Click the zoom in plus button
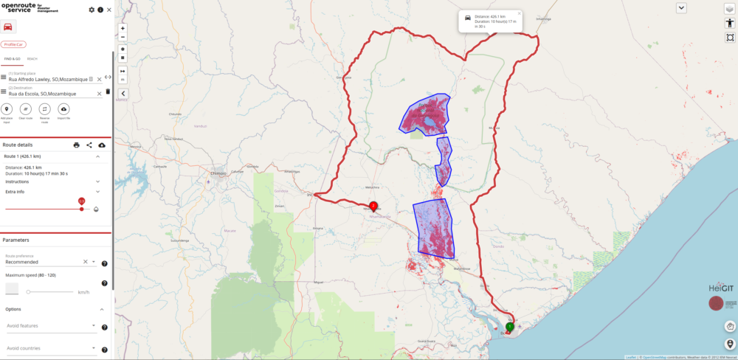coord(123,28)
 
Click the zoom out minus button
coord(123,37)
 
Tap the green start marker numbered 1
coord(510,326)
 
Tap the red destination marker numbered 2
coord(373,206)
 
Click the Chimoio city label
coord(217,173)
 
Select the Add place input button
coord(7,109)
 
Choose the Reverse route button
coord(45,109)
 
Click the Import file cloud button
coord(64,109)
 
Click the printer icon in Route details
coord(76,145)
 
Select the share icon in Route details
coord(89,145)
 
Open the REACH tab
coord(32,59)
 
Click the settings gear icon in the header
coord(92,10)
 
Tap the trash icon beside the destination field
coord(108,91)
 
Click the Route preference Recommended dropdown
coord(44,262)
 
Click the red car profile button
coord(8,27)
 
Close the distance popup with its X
coord(519,13)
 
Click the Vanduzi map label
coord(201,126)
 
